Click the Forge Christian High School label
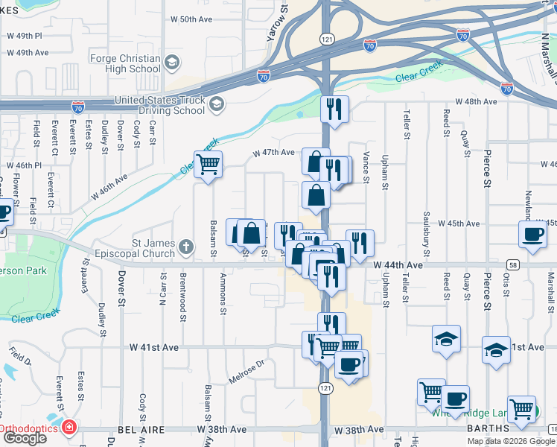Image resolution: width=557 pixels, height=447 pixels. pyautogui.click(x=124, y=63)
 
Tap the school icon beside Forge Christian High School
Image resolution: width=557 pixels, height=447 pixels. pyautogui.click(x=173, y=62)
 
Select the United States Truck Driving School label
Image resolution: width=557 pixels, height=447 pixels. pyautogui.click(x=159, y=105)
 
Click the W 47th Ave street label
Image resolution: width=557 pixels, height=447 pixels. pyautogui.click(x=274, y=152)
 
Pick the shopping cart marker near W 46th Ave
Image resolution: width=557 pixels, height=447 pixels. pyautogui.click(x=208, y=165)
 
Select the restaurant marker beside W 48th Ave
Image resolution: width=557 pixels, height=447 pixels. pyautogui.click(x=334, y=108)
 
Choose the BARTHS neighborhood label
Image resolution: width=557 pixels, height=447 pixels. pyautogui.click(x=487, y=428)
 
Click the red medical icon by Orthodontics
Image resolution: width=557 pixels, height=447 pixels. pyautogui.click(x=69, y=428)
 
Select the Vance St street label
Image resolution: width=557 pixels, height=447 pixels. pyautogui.click(x=366, y=162)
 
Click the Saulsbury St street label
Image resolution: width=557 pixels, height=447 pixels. pyautogui.click(x=427, y=226)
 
